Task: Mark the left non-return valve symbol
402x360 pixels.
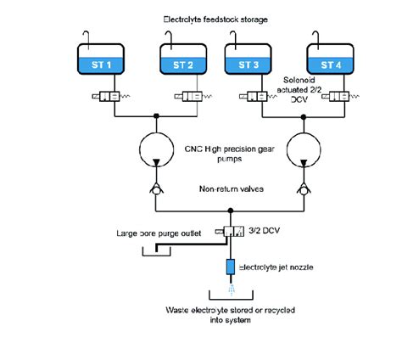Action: coord(157,191)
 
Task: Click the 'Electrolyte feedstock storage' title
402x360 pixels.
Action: coord(216,18)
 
